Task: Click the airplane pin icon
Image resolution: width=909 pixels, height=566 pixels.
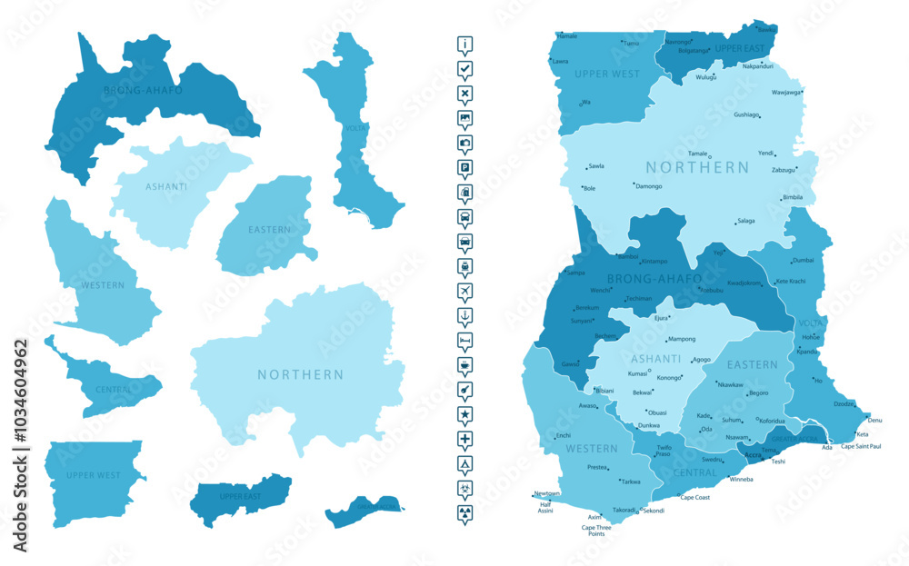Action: pos(465,290)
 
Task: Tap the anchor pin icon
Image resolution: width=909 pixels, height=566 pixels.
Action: pos(465,314)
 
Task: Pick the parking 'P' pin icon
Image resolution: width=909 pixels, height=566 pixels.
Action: pos(465,167)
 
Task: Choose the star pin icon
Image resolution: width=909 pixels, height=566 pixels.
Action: pos(465,413)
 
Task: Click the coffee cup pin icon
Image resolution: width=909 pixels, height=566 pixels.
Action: pos(465,363)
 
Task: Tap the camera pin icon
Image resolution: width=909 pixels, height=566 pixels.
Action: pos(465,143)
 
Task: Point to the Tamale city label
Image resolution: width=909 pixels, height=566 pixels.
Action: pos(697,154)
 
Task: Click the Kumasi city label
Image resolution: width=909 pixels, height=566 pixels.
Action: pos(637,373)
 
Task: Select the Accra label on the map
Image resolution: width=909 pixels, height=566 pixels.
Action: pos(753,454)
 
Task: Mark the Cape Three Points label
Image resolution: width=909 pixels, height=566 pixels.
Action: pos(596,531)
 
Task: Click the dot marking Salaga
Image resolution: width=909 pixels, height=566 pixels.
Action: pos(735,223)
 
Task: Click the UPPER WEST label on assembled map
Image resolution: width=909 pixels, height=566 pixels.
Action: pos(607,74)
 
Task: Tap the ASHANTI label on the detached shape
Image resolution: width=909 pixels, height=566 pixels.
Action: pos(166,187)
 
